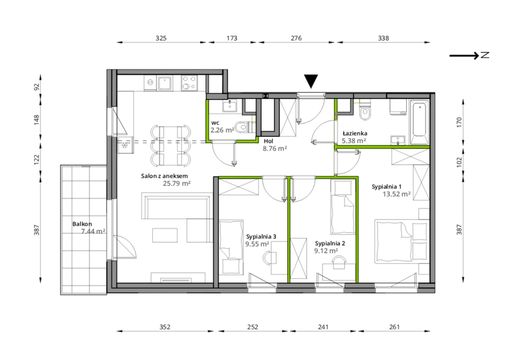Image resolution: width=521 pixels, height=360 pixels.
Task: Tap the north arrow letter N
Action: click(x=485, y=55)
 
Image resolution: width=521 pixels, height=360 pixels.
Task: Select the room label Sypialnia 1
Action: click(x=386, y=187)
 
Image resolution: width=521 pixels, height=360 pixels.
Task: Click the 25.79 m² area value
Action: click(x=177, y=183)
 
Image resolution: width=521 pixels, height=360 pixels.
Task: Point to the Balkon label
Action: click(x=82, y=224)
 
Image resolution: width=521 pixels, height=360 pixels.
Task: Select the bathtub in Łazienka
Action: click(x=419, y=122)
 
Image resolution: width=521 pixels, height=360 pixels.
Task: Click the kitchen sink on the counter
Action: click(x=164, y=83)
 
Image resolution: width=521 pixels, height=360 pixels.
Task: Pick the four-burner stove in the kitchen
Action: click(x=189, y=83)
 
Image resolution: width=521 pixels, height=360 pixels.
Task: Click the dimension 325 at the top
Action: click(x=161, y=38)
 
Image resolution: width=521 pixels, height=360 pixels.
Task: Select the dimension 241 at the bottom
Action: click(x=323, y=327)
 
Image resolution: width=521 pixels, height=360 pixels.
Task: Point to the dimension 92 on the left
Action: click(x=37, y=87)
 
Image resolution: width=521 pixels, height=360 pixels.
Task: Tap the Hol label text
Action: click(x=268, y=141)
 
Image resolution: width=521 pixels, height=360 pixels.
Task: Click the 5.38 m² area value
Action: click(x=354, y=141)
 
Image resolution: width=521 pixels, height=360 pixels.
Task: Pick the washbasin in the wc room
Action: click(x=230, y=106)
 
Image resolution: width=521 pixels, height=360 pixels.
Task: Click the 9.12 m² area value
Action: click(x=326, y=251)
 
